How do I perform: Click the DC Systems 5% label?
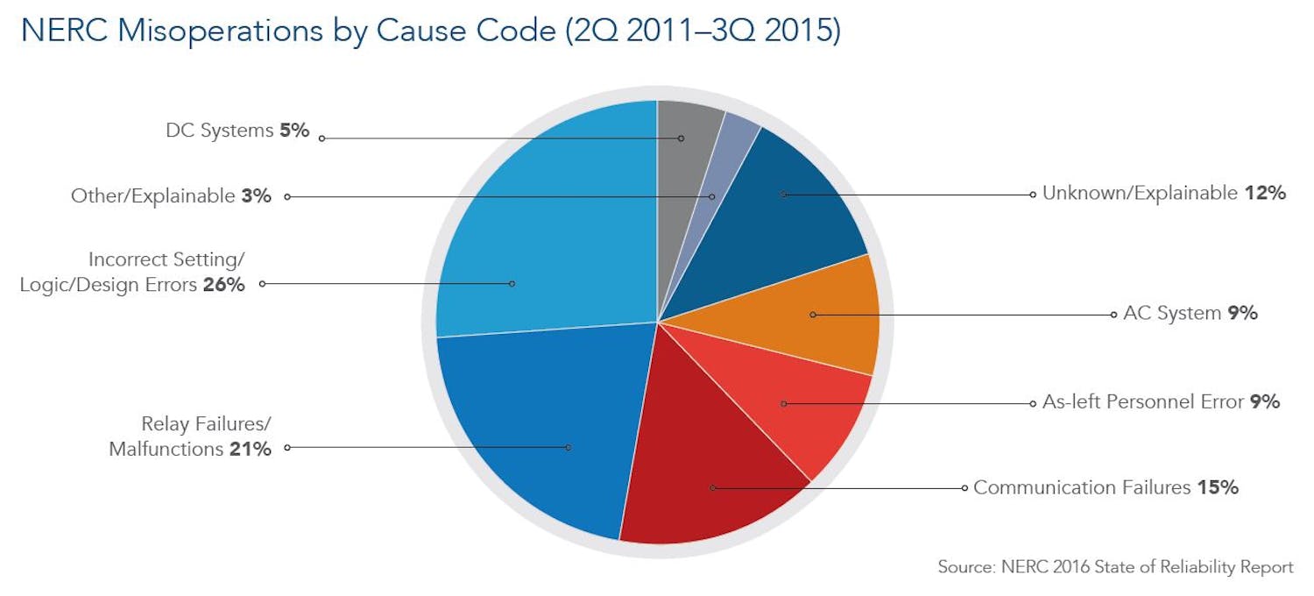[x=237, y=131]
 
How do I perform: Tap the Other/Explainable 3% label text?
[x=171, y=196]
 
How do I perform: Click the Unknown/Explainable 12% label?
[x=1163, y=194]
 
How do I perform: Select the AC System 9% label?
[x=1190, y=314]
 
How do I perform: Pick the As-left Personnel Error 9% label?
[x=1161, y=402]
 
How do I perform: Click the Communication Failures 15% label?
[x=1106, y=488]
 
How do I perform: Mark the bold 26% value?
[x=223, y=286]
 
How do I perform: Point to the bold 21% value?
[x=251, y=450]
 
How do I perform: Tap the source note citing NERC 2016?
[x=1114, y=567]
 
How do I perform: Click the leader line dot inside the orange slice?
[x=813, y=315]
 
